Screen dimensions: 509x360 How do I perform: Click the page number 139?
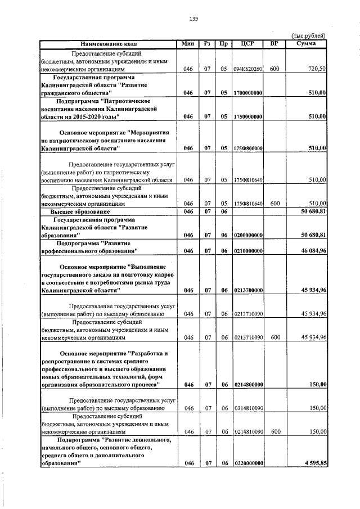click(x=193, y=19)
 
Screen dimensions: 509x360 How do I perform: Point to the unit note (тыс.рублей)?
click(x=308, y=35)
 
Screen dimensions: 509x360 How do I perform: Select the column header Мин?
click(x=188, y=44)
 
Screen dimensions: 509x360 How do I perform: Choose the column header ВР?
click(x=274, y=44)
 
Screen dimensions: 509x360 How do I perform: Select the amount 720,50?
click(x=318, y=69)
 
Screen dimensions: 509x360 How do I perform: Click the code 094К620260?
click(x=248, y=69)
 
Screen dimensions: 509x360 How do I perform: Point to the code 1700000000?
click(x=248, y=92)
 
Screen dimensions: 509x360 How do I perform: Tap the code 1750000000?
click(x=248, y=116)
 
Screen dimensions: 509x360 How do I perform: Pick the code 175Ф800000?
click(x=248, y=148)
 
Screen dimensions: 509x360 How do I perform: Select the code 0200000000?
click(x=248, y=235)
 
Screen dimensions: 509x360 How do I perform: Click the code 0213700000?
click(x=248, y=290)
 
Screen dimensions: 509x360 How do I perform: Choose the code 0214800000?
click(x=248, y=385)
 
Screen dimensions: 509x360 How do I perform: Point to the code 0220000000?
click(x=248, y=463)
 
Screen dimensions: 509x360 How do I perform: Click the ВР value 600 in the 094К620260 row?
click(x=274, y=69)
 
